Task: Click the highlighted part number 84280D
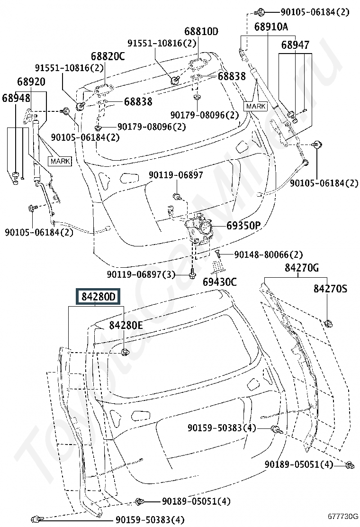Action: point(99,297)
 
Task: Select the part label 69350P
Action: point(244,226)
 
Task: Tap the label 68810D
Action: point(201,31)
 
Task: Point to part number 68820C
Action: point(108,56)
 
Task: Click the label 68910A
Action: point(271,27)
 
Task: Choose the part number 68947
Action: point(295,45)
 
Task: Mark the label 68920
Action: point(31,82)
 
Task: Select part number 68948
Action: point(16,98)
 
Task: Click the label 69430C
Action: point(220,282)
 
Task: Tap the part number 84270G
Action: point(302,268)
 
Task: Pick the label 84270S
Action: point(331,288)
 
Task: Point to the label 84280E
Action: point(126,325)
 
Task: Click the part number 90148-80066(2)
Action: point(268,255)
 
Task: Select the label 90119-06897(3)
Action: point(141,274)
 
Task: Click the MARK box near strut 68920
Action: point(61,161)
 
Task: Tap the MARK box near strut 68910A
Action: point(256,106)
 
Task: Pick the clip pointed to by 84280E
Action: point(126,353)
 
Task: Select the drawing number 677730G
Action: point(343,517)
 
